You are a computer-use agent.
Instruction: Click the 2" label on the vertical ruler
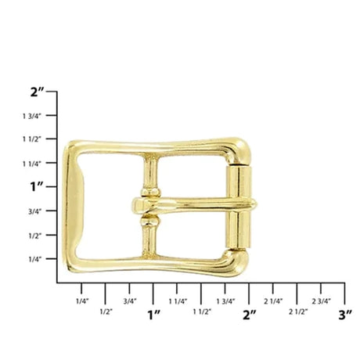pyautogui.click(x=38, y=92)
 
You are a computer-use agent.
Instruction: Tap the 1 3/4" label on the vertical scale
pyautogui.click(x=32, y=116)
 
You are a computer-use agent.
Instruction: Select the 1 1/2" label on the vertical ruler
pyautogui.click(x=32, y=139)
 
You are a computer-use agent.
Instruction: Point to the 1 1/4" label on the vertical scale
pyautogui.click(x=32, y=164)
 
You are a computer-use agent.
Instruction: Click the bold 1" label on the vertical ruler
pyautogui.click(x=37, y=187)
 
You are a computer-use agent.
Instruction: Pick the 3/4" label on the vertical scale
pyautogui.click(x=35, y=211)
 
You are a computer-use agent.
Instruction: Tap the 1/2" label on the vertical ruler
pyautogui.click(x=35, y=236)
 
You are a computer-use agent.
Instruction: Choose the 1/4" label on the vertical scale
pyautogui.click(x=35, y=260)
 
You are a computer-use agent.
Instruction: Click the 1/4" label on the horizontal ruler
pyautogui.click(x=82, y=301)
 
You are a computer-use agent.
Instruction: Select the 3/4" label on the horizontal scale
pyautogui.click(x=130, y=301)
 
